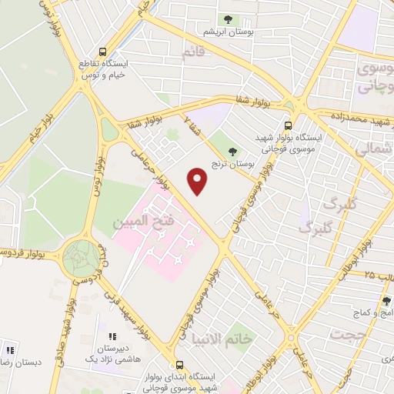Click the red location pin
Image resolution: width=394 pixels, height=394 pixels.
[x=198, y=182]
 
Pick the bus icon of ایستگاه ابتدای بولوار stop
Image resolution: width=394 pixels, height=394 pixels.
[x=179, y=365]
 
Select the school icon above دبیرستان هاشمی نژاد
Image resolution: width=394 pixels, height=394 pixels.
[x=112, y=336]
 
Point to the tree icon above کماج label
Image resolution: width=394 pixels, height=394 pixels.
[x=386, y=301]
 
